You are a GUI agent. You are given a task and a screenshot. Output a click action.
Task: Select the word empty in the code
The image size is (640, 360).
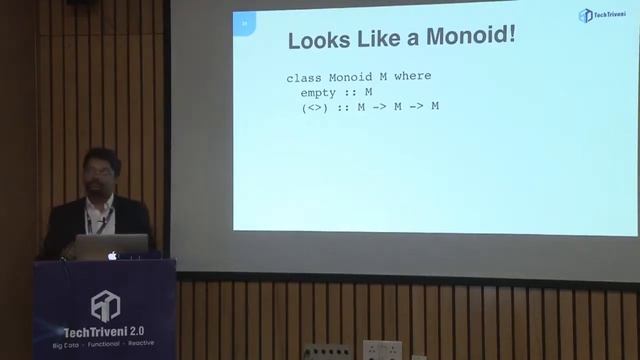coord(320,92)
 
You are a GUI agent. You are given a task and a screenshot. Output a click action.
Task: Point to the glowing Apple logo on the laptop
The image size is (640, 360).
coord(113,255)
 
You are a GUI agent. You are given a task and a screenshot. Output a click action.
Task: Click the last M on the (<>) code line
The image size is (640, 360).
coord(434,106)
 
